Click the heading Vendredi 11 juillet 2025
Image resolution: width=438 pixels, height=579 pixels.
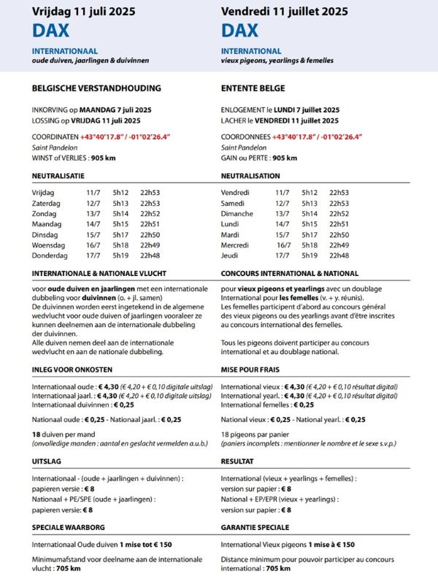(x=284, y=12)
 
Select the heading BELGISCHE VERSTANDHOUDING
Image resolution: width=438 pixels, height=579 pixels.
(x=96, y=88)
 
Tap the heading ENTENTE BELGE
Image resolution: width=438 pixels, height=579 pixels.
(x=253, y=88)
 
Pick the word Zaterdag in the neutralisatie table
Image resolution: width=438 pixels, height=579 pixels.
(x=48, y=203)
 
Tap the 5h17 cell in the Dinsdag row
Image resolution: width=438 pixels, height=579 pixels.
(x=120, y=234)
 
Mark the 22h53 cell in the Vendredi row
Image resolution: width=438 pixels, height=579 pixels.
(x=339, y=192)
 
